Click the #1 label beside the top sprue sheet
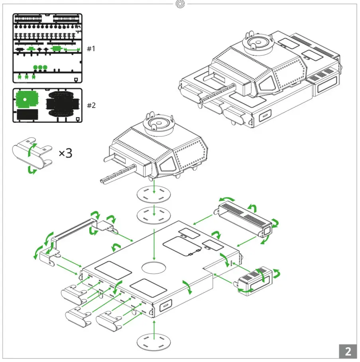coord(91,49)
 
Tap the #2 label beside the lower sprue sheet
coord(91,106)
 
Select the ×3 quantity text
coord(66,153)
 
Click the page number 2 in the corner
coord(348,351)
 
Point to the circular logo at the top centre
coord(180,4)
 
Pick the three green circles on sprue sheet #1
coord(40,67)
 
